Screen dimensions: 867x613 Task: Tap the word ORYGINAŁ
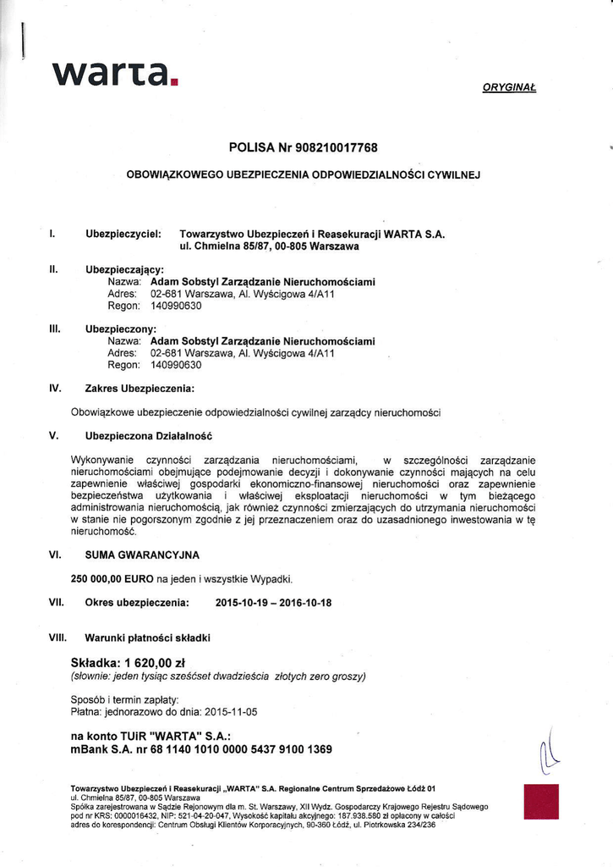tap(510, 88)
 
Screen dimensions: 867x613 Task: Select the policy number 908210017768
tap(336, 148)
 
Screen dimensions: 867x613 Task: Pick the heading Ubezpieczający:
tap(124, 268)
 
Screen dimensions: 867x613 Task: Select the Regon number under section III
tap(176, 365)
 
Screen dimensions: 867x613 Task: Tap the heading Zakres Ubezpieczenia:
tap(140, 389)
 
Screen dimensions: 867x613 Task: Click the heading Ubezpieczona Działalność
tap(148, 436)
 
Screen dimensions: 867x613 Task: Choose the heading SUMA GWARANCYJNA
tap(142, 555)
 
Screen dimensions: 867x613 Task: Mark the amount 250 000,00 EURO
tap(118, 579)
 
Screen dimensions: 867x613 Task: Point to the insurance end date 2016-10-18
tap(302, 603)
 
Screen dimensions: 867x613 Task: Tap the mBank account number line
tap(202, 749)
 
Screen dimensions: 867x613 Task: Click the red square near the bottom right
tap(541, 801)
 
